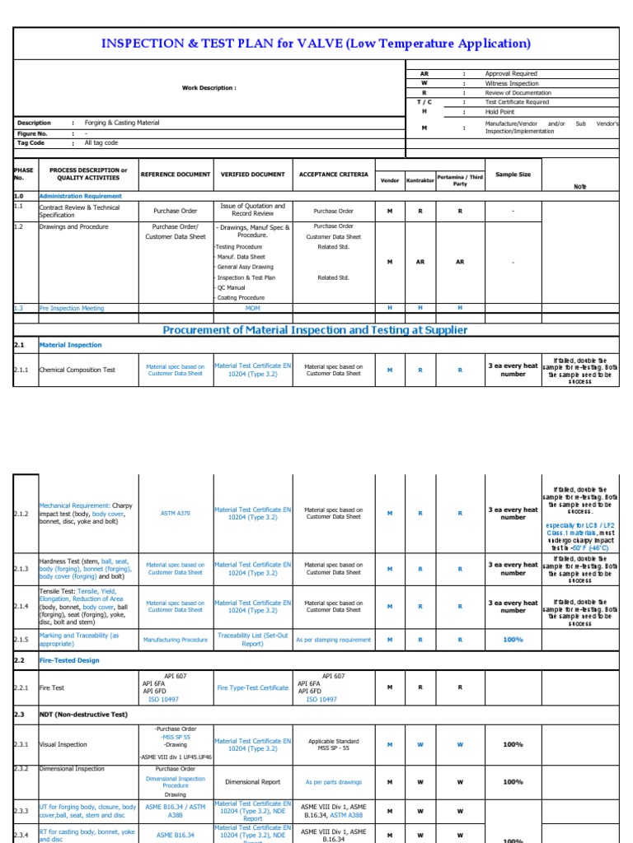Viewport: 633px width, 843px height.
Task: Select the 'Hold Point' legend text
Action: click(x=499, y=112)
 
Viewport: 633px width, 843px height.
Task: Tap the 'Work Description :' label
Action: click(x=209, y=88)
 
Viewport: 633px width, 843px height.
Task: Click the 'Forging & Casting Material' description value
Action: click(x=122, y=123)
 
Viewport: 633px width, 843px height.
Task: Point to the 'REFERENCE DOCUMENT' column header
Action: click(x=176, y=175)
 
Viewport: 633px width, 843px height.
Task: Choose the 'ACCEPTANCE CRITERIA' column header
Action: click(x=334, y=175)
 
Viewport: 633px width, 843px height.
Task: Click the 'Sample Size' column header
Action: click(x=513, y=175)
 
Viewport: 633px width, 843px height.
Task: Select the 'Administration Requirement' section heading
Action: click(x=80, y=196)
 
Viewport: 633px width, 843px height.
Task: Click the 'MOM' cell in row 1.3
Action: click(x=252, y=308)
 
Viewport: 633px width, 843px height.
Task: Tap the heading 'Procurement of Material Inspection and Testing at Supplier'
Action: click(x=315, y=330)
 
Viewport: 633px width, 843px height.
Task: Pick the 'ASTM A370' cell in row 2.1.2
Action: click(x=176, y=513)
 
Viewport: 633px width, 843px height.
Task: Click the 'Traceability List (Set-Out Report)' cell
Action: click(x=252, y=640)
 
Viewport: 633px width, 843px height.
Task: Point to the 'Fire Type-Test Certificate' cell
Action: click(x=252, y=687)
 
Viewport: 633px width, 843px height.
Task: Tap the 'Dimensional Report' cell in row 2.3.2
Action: click(x=252, y=782)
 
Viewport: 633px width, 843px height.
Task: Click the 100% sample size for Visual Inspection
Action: click(x=513, y=744)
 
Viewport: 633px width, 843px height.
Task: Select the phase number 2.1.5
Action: click(x=21, y=640)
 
